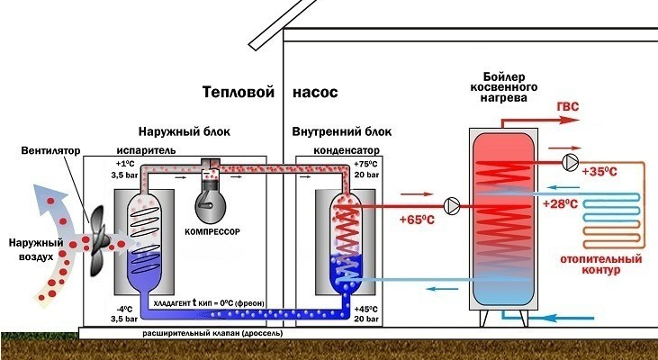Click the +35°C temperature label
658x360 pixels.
click(599, 171)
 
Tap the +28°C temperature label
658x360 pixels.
click(560, 204)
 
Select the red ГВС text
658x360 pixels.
click(568, 108)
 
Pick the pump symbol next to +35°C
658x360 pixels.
click(569, 162)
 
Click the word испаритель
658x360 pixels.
click(139, 148)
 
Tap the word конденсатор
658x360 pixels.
click(346, 148)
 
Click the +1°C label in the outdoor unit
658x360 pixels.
click(124, 164)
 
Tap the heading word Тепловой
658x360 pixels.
click(237, 93)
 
